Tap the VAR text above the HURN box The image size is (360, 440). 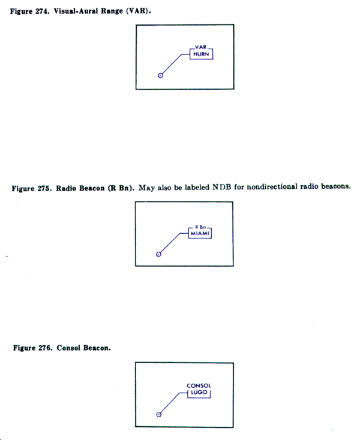[x=201, y=47]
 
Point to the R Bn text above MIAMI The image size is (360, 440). [x=200, y=227]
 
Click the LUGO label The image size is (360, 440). [x=199, y=392]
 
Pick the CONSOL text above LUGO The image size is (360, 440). [x=199, y=385]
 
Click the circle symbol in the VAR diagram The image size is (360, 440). [x=160, y=76]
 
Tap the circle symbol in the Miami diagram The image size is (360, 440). [x=158, y=254]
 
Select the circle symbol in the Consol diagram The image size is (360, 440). [x=158, y=415]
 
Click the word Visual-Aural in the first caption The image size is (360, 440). [x=74, y=11]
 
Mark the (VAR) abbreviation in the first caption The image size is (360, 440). [x=138, y=11]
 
